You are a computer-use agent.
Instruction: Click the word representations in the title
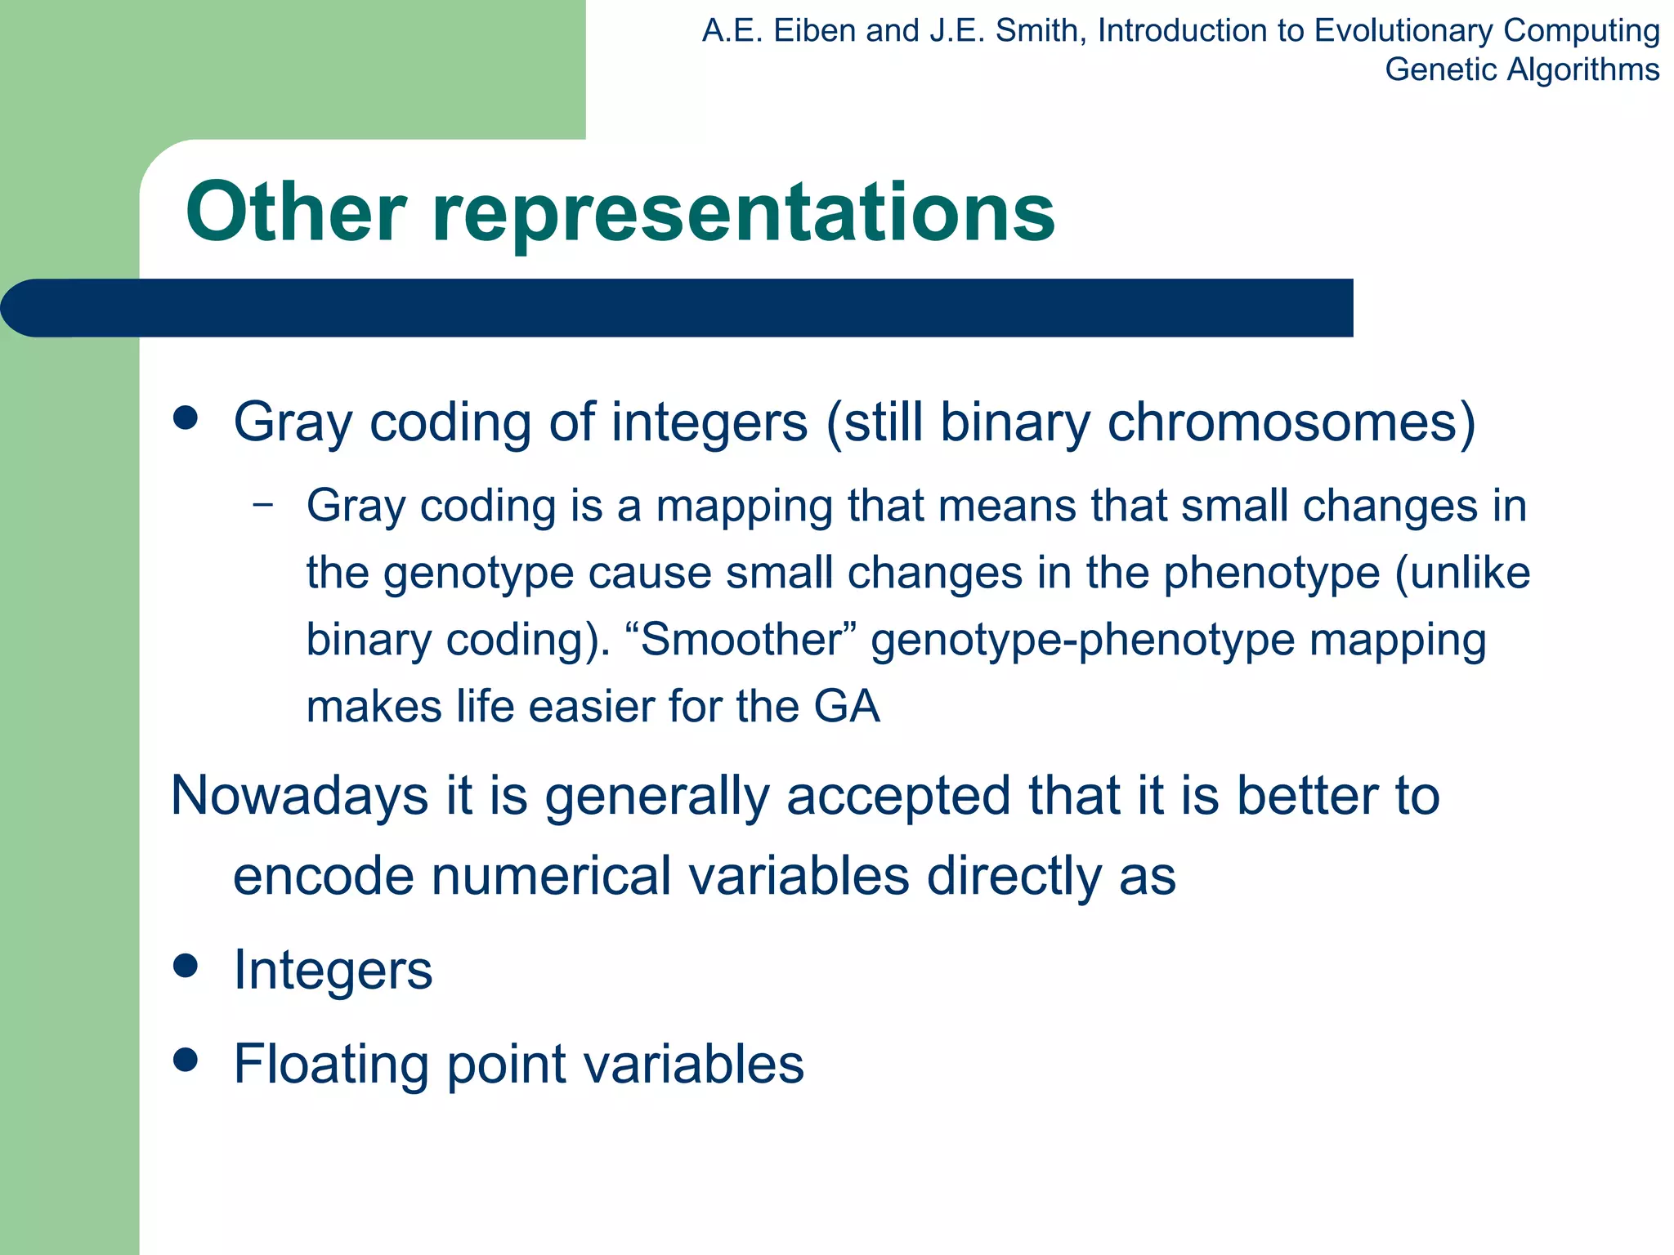point(743,214)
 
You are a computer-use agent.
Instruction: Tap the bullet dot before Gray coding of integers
point(186,418)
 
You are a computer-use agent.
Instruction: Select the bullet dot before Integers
point(186,966)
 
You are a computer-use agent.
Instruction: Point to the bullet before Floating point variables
point(186,1061)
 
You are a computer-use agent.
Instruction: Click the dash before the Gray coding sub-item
point(263,504)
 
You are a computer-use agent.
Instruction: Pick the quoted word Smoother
point(744,639)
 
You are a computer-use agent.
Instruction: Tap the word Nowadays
point(299,795)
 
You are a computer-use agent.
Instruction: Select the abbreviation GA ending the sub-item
point(847,706)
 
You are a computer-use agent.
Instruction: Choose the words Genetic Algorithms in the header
point(1522,69)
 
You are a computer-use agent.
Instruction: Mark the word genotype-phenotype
point(1082,639)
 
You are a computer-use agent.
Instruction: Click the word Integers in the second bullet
point(333,970)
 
